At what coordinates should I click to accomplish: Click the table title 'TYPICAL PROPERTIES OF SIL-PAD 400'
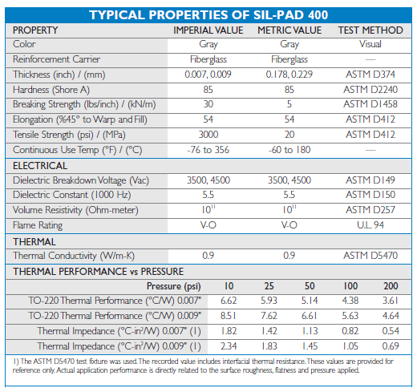tap(208, 15)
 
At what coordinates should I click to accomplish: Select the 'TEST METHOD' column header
tap(370, 30)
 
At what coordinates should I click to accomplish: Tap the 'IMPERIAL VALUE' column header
tap(208, 30)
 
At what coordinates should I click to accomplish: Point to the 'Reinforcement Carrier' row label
tap(56, 59)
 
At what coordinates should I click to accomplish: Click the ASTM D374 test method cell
tap(370, 75)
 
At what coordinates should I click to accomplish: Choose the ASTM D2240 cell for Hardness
tap(370, 90)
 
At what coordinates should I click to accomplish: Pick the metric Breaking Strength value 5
tap(289, 104)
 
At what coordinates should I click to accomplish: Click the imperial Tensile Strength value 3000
tap(208, 135)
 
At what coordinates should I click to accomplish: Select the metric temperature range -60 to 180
tap(289, 150)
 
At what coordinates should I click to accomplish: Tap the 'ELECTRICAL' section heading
tap(40, 166)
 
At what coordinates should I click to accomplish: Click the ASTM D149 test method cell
tap(370, 180)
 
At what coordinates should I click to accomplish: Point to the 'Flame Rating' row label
tap(38, 225)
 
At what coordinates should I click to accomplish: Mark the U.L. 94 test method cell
tap(370, 225)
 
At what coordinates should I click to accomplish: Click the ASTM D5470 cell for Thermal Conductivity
tap(370, 256)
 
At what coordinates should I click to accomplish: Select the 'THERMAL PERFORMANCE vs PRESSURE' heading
tap(99, 272)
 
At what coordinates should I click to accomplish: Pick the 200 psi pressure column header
tap(391, 286)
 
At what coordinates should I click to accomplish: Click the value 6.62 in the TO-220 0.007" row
tap(229, 301)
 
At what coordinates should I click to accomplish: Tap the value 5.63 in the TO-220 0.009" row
tap(350, 316)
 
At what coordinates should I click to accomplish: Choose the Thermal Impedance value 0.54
tap(391, 331)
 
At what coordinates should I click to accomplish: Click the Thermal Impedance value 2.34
tap(229, 346)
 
